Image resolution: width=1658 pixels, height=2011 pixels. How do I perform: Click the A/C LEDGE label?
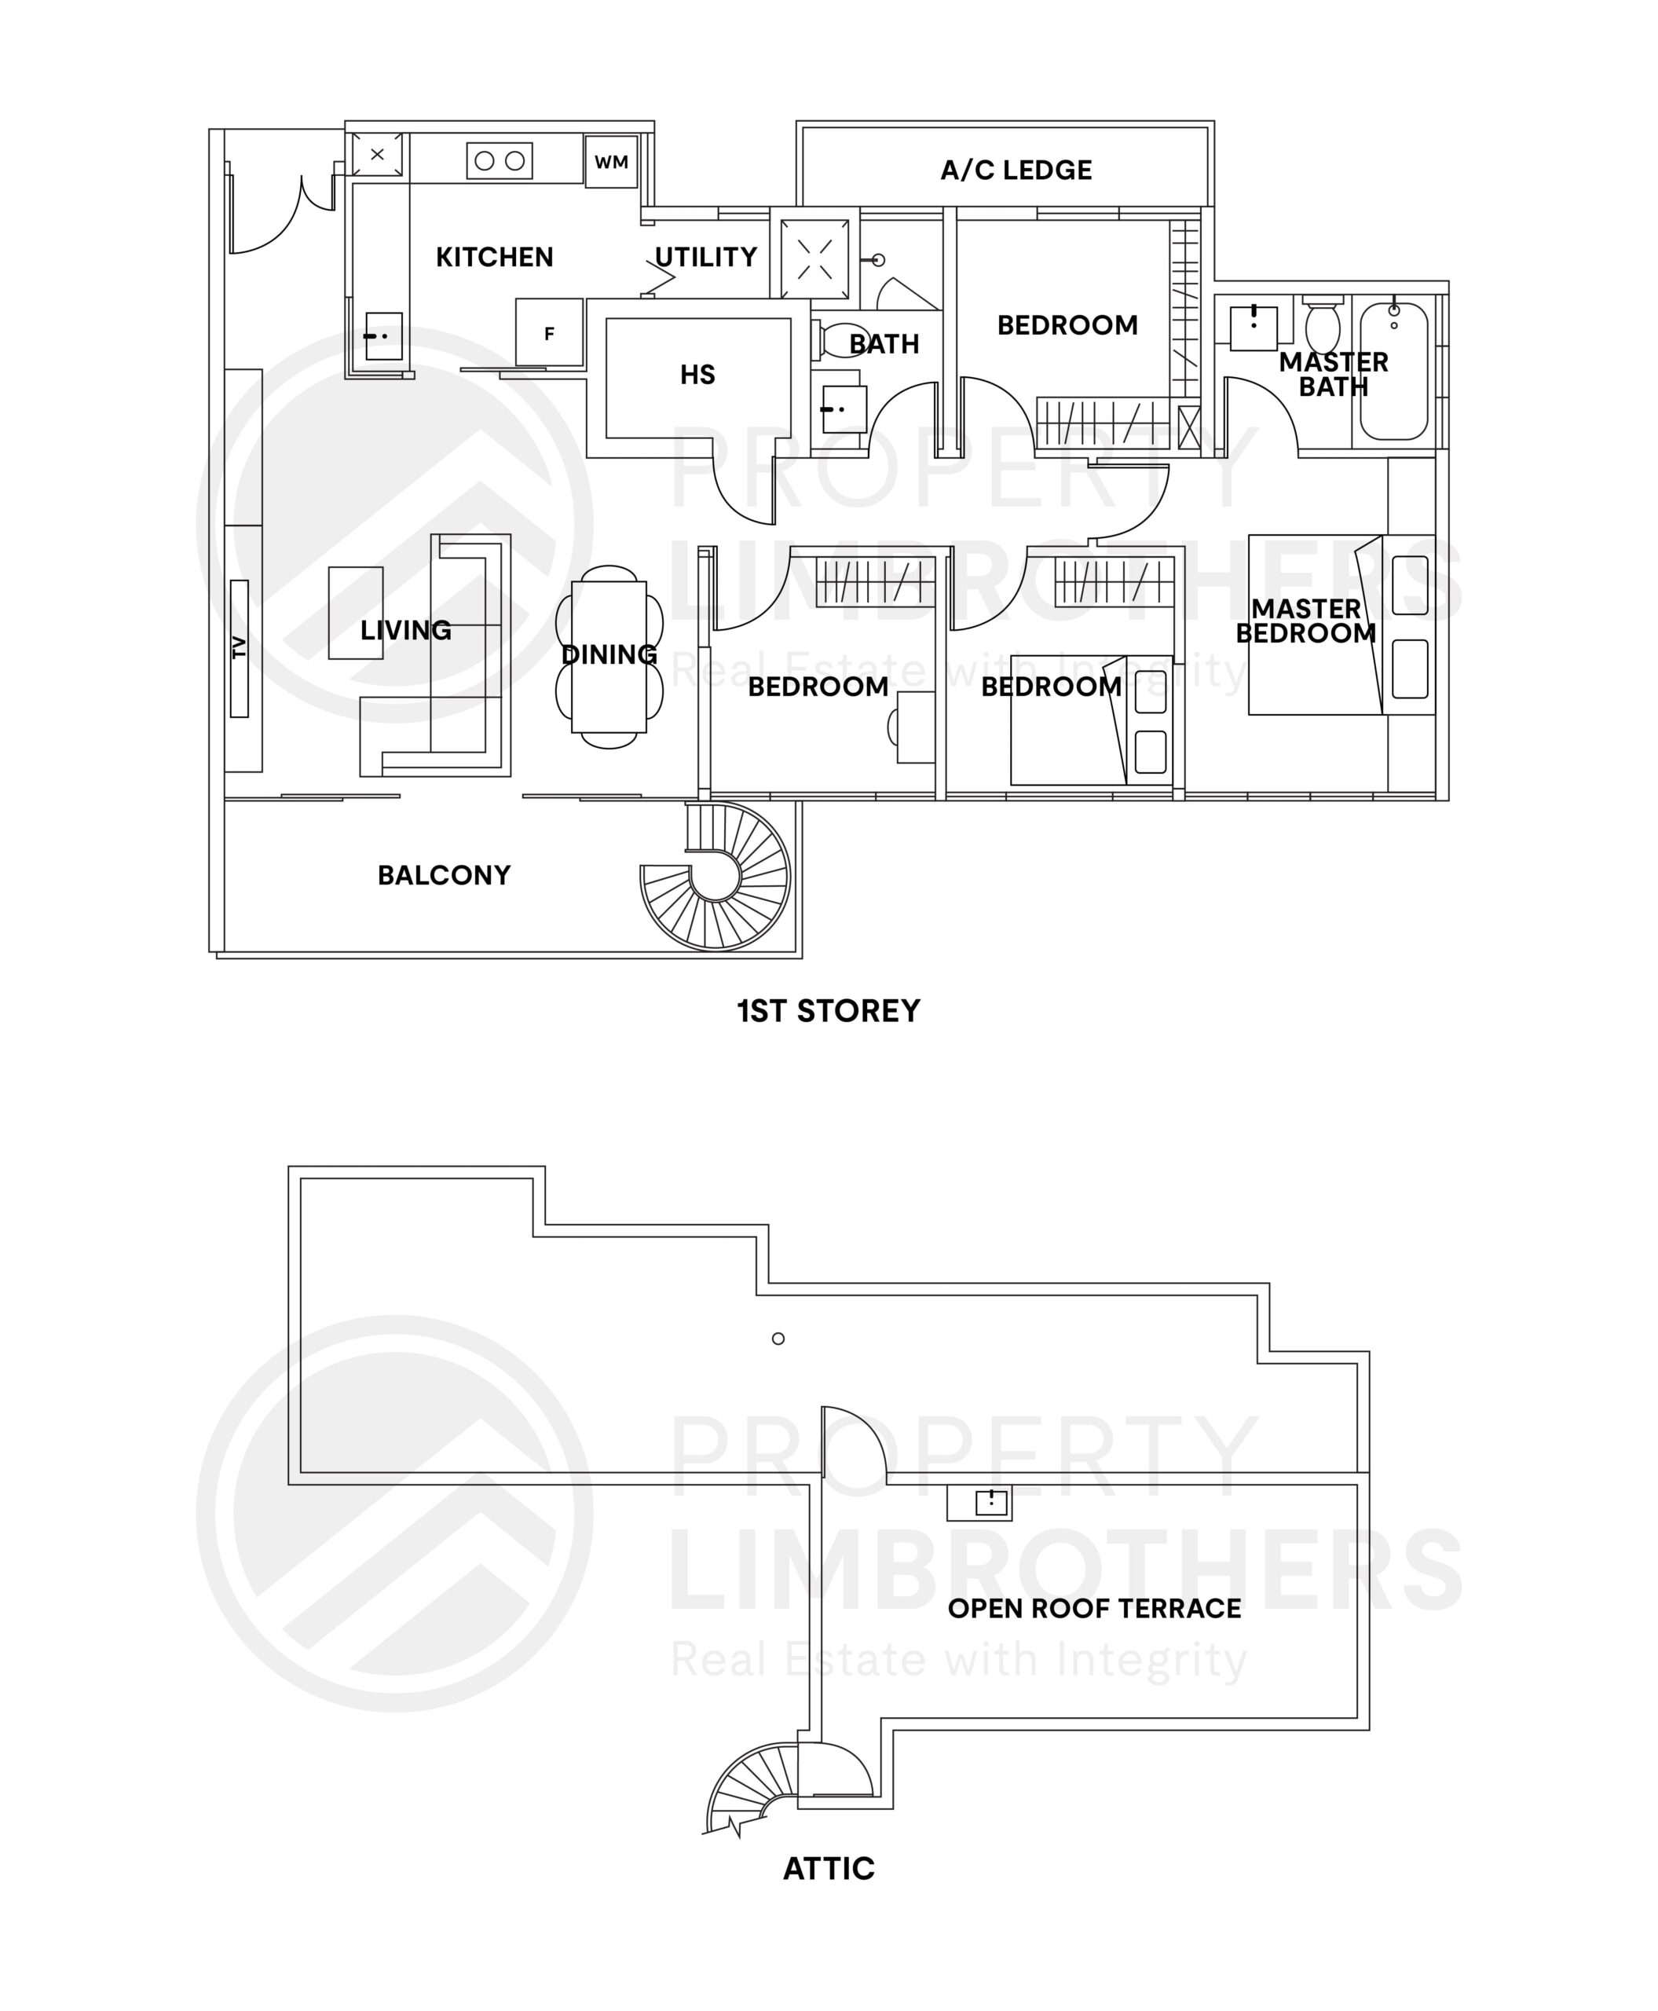coord(1016,170)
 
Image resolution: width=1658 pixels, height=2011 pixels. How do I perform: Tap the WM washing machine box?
coord(611,162)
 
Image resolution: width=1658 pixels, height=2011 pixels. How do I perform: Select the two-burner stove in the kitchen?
coord(500,160)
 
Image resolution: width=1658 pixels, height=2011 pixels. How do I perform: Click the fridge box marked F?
coord(549,332)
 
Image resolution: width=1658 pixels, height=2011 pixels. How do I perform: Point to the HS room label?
coord(697,375)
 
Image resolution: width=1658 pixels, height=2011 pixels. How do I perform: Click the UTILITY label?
coord(706,257)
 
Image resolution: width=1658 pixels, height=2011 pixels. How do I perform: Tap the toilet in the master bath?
coord(1323,324)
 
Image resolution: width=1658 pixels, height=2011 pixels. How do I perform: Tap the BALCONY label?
coord(444,875)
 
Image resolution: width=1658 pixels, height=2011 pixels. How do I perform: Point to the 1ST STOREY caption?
coord(828,1011)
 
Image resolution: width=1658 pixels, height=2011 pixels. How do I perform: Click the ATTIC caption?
coord(828,1868)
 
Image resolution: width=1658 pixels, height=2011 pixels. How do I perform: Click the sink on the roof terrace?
coord(990,1503)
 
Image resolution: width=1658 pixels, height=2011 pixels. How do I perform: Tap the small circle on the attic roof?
coord(778,1339)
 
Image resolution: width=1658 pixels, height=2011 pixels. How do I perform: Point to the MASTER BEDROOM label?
coord(1305,621)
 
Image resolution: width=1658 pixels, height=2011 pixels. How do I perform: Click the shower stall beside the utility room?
coord(814,258)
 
